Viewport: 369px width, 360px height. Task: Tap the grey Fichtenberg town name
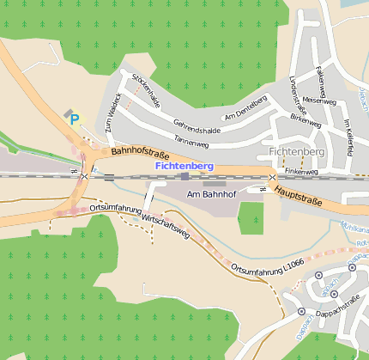tap(297, 152)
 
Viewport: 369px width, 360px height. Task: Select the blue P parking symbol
tap(74, 120)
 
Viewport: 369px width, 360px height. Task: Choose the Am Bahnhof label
tap(210, 195)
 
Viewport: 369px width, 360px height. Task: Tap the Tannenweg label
tap(191, 140)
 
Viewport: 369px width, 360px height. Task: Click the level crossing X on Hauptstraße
tap(272, 178)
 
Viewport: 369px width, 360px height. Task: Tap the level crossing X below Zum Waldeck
tap(84, 176)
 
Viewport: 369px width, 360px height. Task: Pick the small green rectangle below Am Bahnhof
tap(250, 218)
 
